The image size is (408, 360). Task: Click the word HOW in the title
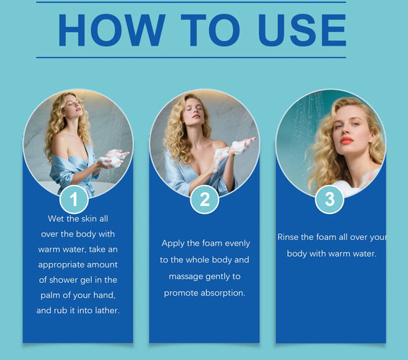(x=112, y=30)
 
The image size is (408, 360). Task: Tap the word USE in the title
(x=302, y=30)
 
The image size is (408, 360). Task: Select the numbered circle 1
(x=75, y=200)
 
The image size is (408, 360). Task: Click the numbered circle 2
(x=205, y=200)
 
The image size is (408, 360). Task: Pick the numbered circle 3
(x=330, y=200)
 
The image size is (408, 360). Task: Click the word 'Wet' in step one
(x=56, y=218)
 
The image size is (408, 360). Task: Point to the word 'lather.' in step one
(x=107, y=310)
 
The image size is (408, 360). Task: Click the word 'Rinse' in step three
(x=286, y=237)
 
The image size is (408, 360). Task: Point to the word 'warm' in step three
(x=339, y=254)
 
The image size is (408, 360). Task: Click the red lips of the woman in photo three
(x=347, y=141)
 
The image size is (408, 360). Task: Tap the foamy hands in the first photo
(x=112, y=158)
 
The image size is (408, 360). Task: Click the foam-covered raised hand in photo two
(x=241, y=146)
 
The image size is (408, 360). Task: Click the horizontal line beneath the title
(x=191, y=57)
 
